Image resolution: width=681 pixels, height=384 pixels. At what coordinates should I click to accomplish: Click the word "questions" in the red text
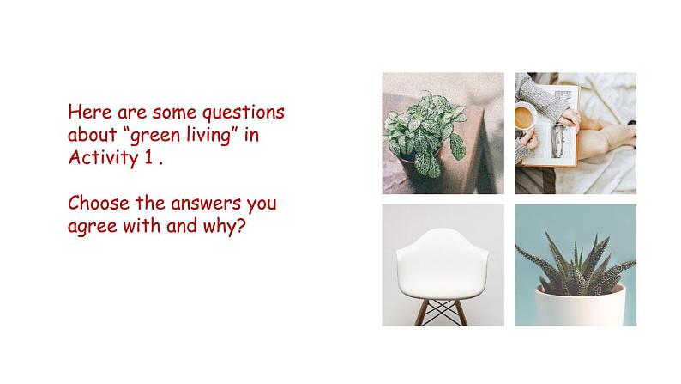tap(244, 113)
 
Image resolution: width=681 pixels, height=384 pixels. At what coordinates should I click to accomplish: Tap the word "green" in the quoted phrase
tap(155, 136)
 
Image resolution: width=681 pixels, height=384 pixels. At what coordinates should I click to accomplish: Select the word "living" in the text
tap(208, 135)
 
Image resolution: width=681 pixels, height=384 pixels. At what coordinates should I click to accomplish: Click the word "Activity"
tap(103, 158)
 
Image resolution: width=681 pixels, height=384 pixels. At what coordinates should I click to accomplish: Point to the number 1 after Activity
tap(148, 157)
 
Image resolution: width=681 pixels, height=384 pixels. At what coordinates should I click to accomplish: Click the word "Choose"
tap(99, 203)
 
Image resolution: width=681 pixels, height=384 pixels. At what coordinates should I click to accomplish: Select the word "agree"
tap(93, 227)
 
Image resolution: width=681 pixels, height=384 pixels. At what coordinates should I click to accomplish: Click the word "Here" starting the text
tap(90, 113)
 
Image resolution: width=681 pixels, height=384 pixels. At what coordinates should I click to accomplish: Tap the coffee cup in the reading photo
tap(525, 117)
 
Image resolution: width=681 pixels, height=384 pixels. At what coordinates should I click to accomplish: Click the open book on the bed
tap(551, 126)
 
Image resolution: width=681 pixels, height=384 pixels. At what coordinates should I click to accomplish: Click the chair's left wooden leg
tap(421, 313)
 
